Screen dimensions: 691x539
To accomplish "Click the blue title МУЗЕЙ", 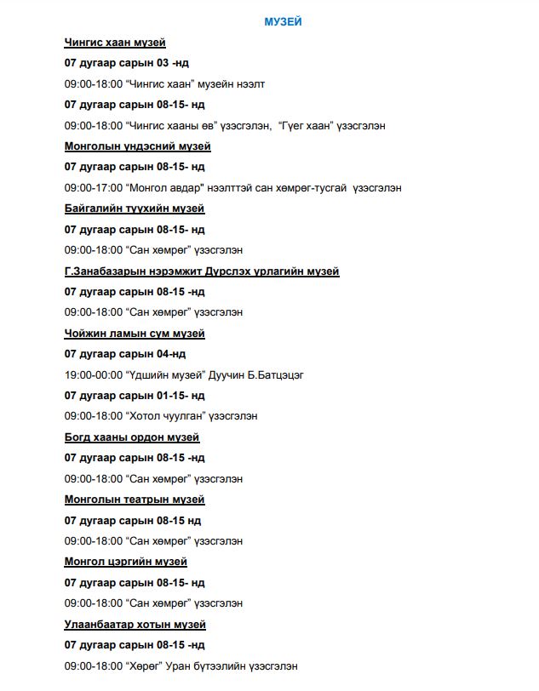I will (x=282, y=21).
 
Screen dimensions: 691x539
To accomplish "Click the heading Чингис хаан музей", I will (x=115, y=42).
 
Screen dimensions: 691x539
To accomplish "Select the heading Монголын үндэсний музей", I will (x=131, y=146).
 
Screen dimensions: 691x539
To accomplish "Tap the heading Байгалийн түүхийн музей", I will (x=135, y=208).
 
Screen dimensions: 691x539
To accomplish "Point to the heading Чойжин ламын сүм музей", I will (x=135, y=334).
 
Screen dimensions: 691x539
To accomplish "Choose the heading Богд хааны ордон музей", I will (x=132, y=437).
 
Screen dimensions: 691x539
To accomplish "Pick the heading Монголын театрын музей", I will (x=135, y=500).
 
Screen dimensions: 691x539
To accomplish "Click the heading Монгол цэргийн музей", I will (x=126, y=562).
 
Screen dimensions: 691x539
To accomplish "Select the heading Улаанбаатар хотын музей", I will (x=135, y=625).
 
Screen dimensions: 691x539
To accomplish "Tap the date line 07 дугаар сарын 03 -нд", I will (x=128, y=63).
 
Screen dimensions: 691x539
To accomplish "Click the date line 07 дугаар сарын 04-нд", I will (x=125, y=354).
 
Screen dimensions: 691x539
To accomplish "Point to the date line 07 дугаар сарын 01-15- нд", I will (x=135, y=396).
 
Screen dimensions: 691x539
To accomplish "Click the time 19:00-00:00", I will (x=93, y=375).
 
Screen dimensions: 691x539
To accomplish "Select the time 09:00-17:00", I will (x=93, y=187).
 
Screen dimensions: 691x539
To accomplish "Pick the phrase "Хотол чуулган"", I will (x=160, y=416).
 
